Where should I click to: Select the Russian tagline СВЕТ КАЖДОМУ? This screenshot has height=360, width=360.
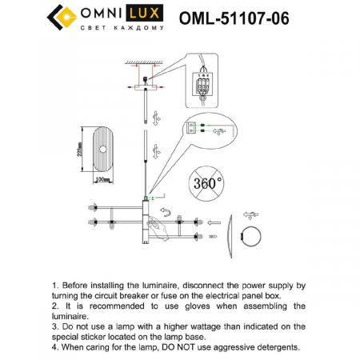[122, 28]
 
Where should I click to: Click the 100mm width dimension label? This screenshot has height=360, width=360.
[102, 179]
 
